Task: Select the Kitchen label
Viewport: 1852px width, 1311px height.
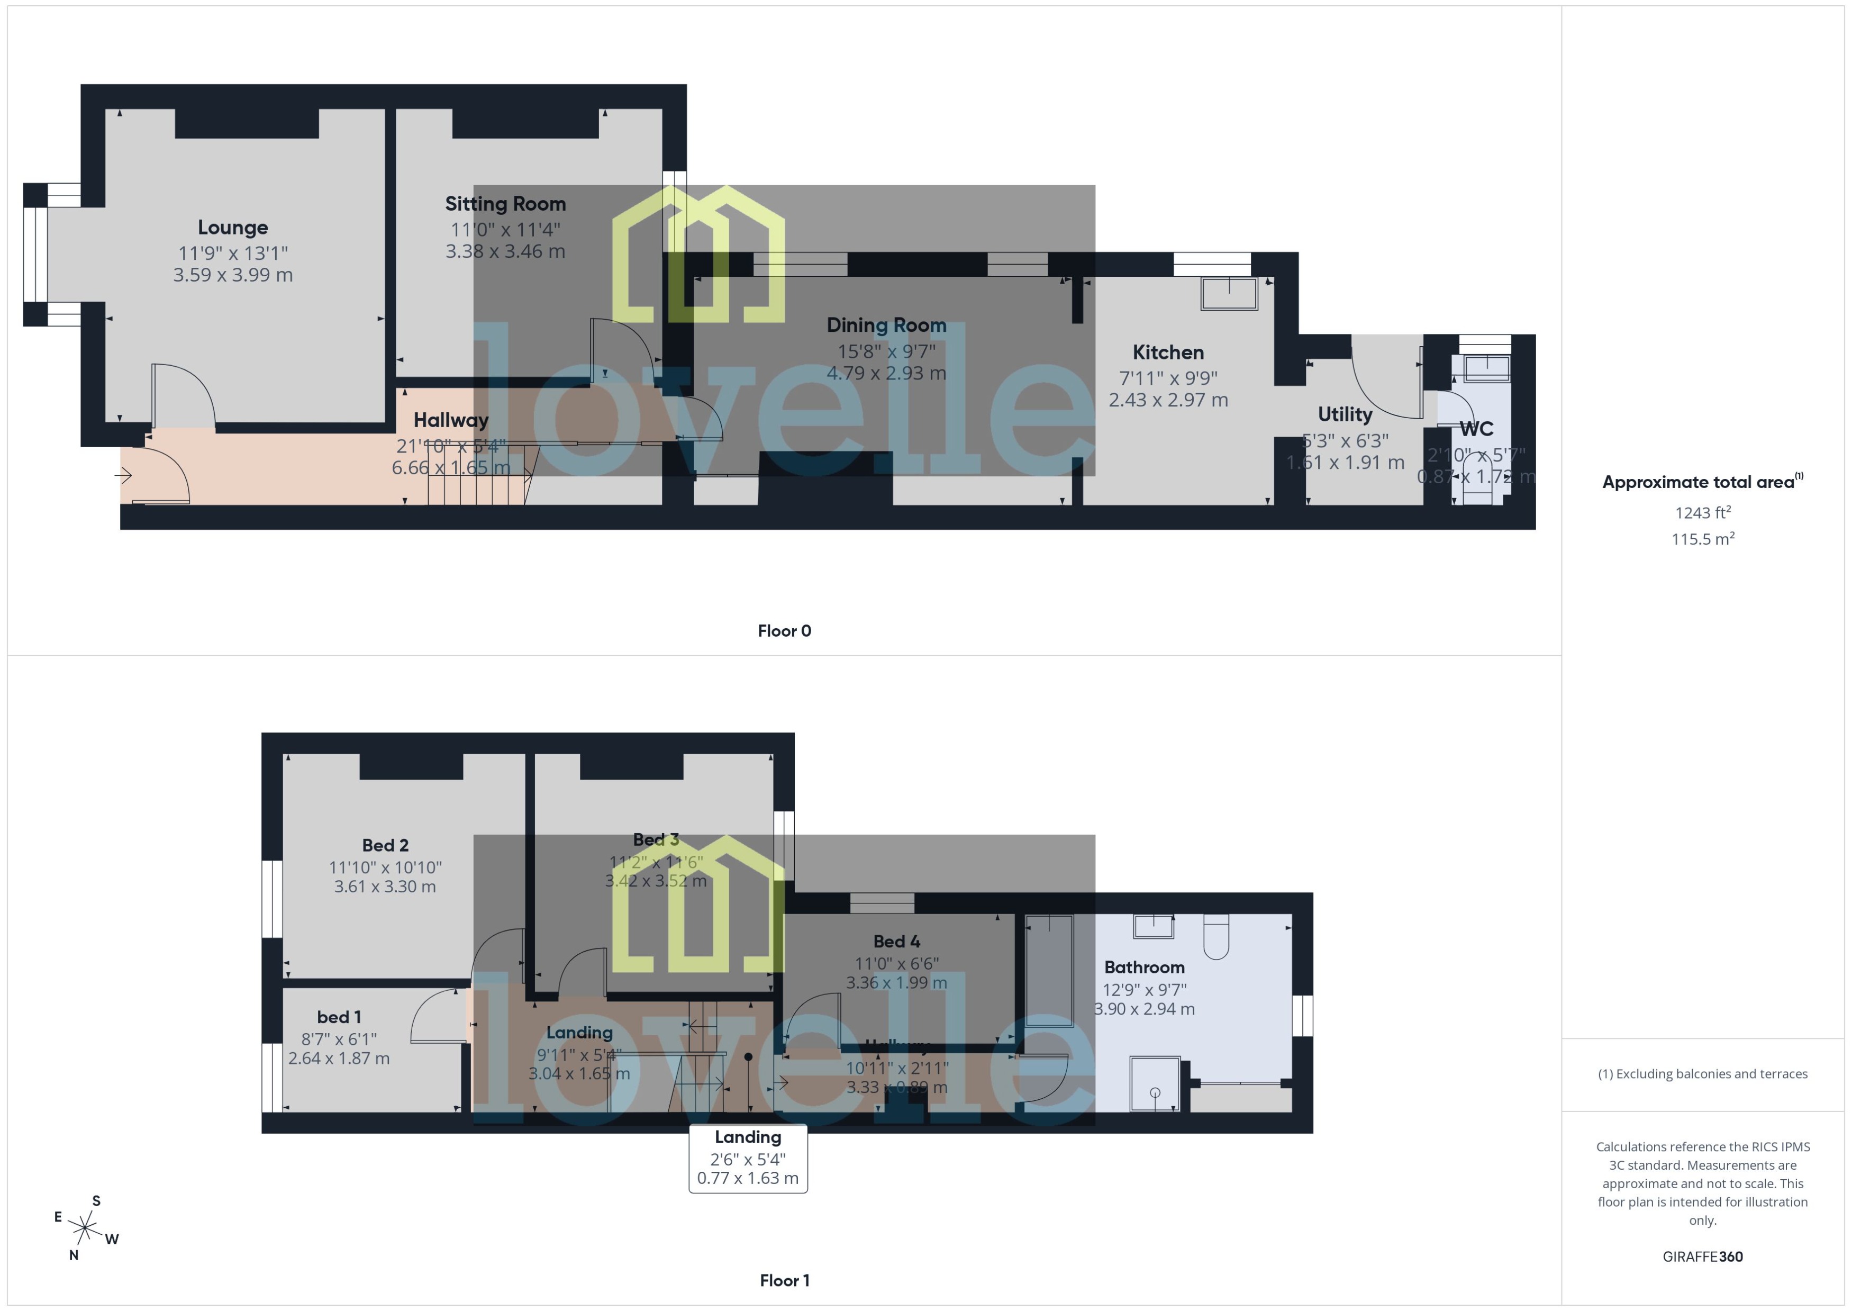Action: click(1168, 353)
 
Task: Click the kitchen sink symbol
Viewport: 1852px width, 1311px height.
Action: click(1229, 294)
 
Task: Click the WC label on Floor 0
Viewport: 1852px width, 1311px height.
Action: click(1476, 429)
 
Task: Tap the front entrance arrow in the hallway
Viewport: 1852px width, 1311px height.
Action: click(123, 475)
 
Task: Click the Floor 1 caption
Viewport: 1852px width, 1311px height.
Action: click(784, 1280)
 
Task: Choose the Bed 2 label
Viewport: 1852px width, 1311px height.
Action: click(385, 845)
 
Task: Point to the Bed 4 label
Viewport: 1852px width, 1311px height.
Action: click(896, 941)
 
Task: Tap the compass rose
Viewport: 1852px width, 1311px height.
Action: click(85, 1228)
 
